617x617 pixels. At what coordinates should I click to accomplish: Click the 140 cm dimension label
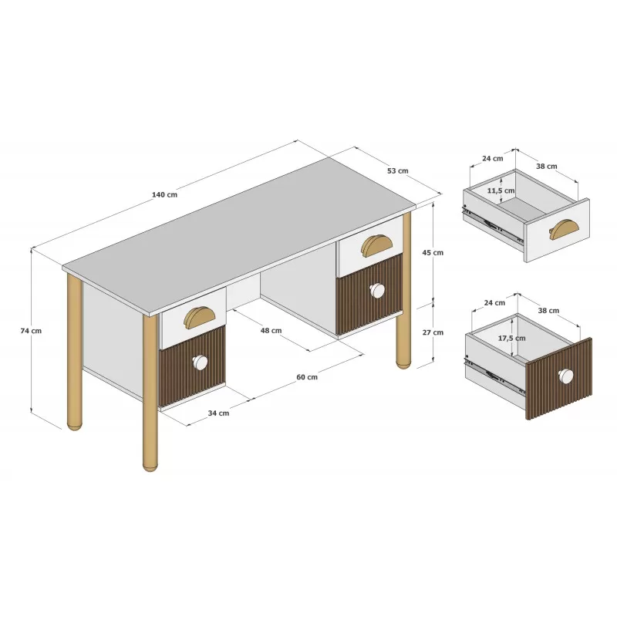point(164,195)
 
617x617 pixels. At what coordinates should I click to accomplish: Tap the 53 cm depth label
point(398,170)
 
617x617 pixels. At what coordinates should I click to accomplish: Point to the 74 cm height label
point(31,331)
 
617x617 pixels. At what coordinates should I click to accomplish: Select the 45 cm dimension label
point(433,253)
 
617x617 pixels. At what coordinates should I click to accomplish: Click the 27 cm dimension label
point(433,332)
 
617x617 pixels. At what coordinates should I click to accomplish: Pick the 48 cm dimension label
point(271,331)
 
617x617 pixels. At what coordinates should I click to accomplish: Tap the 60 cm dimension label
point(307,377)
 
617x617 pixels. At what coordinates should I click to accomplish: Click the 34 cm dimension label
point(218,413)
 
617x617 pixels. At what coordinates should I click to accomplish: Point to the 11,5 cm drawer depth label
point(501,190)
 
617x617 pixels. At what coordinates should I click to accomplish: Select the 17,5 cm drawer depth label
point(512,338)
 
